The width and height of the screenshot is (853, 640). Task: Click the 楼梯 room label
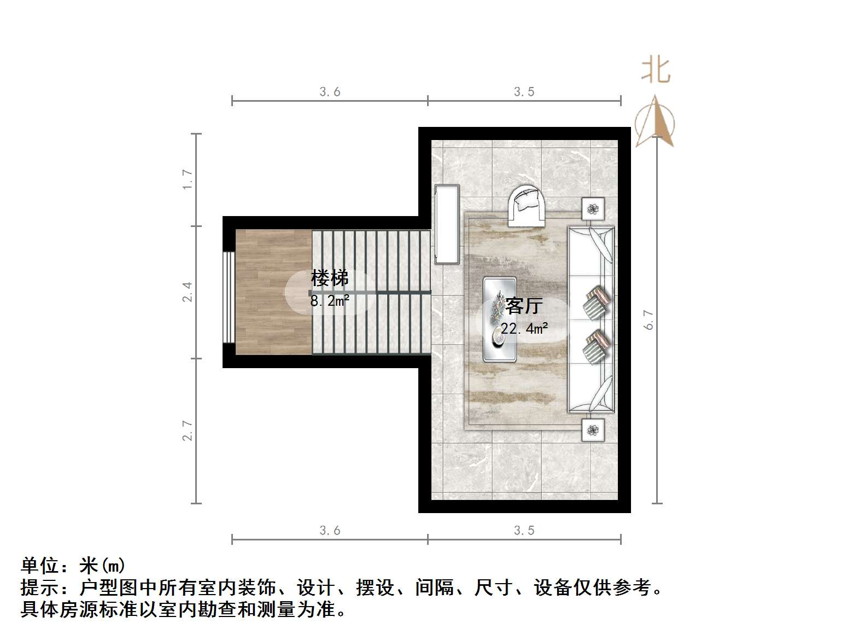click(x=329, y=278)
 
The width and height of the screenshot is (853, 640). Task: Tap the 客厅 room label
click(x=523, y=306)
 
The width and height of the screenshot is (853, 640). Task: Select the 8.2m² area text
click(x=330, y=300)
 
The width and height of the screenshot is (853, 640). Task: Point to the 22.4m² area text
click(x=524, y=328)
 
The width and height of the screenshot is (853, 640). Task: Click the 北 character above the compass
click(x=656, y=71)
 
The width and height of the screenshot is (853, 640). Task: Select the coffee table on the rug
click(x=500, y=319)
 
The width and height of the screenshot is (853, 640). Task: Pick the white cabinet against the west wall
click(x=447, y=224)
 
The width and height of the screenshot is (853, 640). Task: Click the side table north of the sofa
click(x=593, y=208)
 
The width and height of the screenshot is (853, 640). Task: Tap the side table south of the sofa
click(x=593, y=430)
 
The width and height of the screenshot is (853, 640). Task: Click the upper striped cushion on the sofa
click(x=596, y=302)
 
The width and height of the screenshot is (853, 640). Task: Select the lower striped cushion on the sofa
click(x=596, y=346)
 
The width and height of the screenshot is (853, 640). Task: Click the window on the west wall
click(x=229, y=297)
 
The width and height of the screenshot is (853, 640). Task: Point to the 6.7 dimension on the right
click(x=648, y=320)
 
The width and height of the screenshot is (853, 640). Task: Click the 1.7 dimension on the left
click(x=188, y=179)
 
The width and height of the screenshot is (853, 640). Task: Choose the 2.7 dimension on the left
click(x=188, y=430)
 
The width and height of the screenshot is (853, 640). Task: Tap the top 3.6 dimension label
click(x=330, y=92)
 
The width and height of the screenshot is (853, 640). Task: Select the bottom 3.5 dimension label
click(x=524, y=531)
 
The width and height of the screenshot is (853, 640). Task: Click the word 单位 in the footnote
click(x=40, y=566)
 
